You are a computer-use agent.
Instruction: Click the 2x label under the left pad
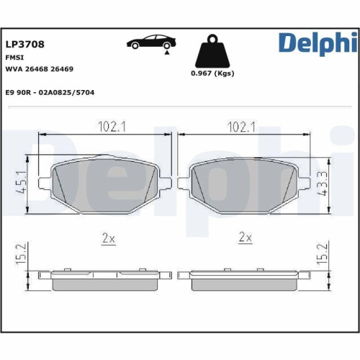tap(108, 238)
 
